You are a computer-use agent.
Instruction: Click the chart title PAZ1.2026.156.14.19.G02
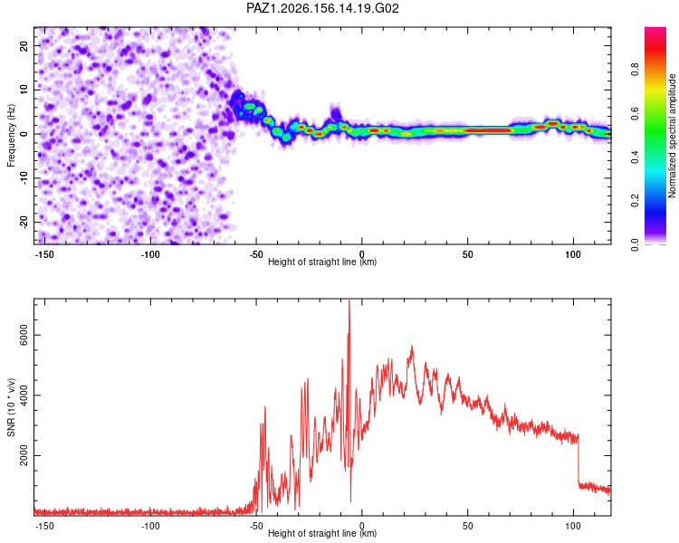(x=322, y=8)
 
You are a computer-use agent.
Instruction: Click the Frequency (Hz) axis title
(x=11, y=136)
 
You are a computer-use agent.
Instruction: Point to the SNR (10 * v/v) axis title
(x=11, y=407)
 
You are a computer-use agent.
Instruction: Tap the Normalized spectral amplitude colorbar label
(x=672, y=135)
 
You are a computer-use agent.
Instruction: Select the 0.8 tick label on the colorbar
(x=635, y=69)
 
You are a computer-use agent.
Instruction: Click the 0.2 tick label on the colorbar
(x=635, y=200)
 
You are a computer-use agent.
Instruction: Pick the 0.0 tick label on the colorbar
(x=635, y=244)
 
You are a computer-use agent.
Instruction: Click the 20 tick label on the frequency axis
(x=24, y=45)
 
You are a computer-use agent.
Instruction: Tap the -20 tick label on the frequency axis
(x=24, y=222)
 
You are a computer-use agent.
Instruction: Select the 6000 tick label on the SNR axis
(x=24, y=335)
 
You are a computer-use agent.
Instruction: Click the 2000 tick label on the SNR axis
(x=24, y=455)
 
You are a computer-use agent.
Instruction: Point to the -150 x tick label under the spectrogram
(x=44, y=254)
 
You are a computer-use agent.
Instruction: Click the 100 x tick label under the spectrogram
(x=572, y=254)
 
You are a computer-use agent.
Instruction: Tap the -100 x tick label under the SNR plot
(x=150, y=526)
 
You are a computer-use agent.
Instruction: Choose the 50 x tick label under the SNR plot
(x=468, y=526)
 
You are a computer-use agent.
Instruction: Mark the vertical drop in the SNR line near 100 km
(x=579, y=460)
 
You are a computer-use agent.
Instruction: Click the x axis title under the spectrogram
(x=322, y=262)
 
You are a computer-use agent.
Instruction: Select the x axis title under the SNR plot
(x=322, y=533)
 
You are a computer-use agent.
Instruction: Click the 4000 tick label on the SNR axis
(x=24, y=395)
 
